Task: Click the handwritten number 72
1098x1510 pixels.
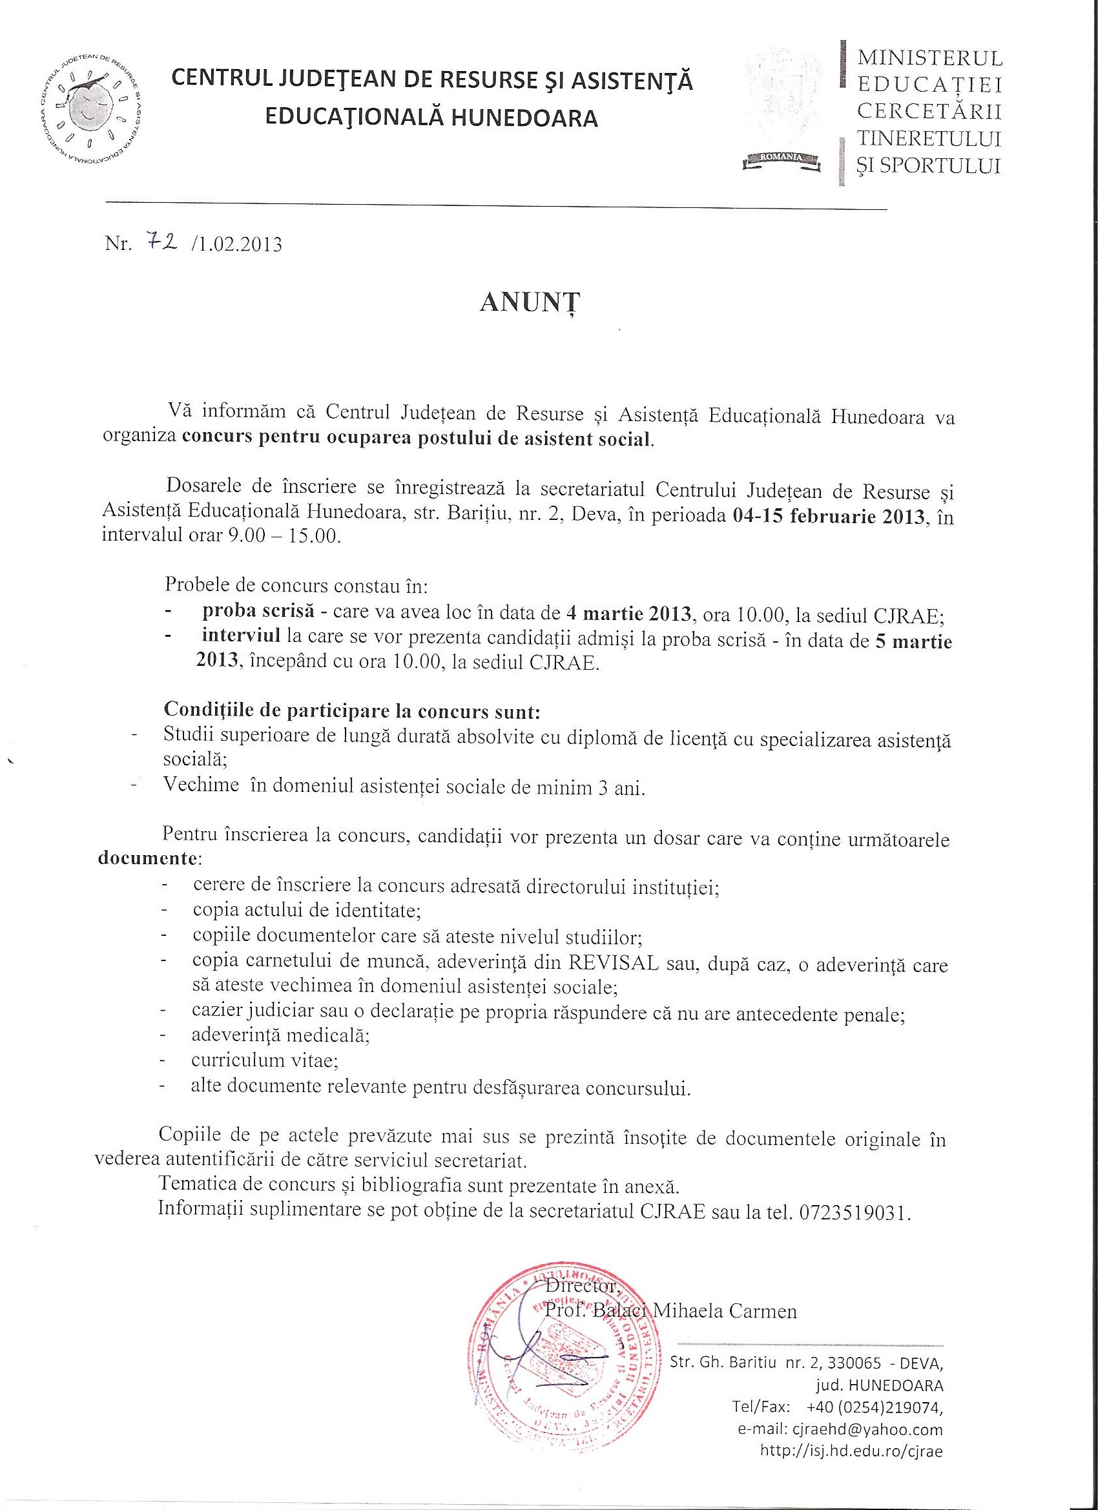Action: [159, 243]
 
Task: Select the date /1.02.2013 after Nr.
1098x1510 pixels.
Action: [236, 245]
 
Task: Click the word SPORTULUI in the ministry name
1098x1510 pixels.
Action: [929, 166]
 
